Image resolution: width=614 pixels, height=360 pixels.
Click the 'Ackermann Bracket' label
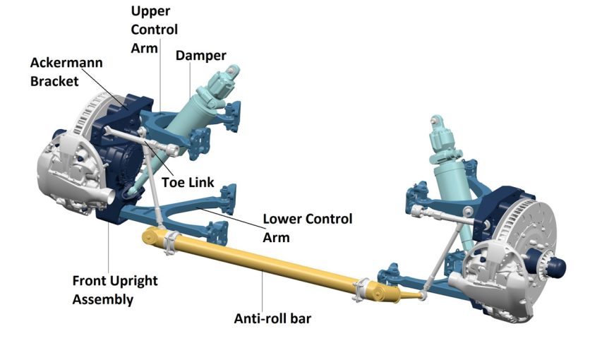(x=66, y=71)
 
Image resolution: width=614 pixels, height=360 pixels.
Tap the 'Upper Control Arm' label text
(x=155, y=30)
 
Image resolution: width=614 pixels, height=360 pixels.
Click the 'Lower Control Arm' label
(x=307, y=227)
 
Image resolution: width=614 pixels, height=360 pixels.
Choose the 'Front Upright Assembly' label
(x=115, y=289)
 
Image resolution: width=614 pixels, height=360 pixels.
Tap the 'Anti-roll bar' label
(x=272, y=318)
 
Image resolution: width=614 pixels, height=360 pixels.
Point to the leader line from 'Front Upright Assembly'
(x=108, y=247)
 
